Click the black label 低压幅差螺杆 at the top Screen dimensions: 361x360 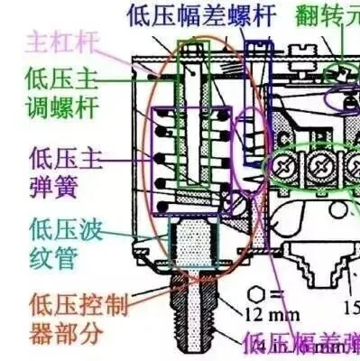[x=201, y=14]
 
